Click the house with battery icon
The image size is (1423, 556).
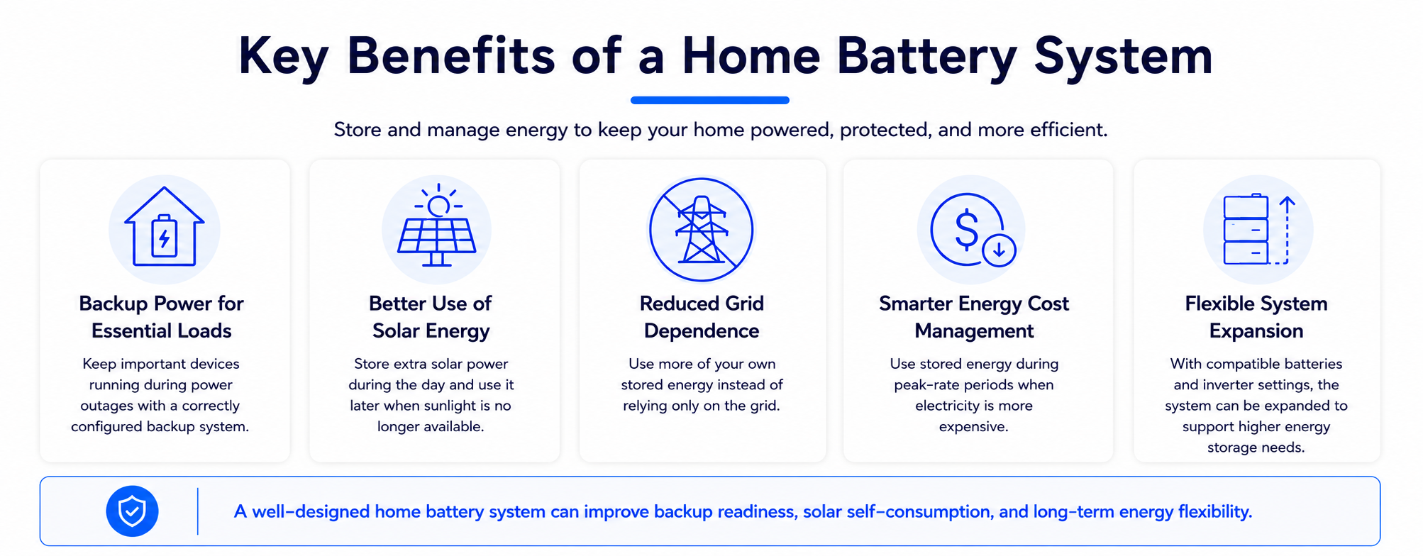[165, 227]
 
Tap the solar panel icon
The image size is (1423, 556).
[437, 226]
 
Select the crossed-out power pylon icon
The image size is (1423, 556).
[702, 230]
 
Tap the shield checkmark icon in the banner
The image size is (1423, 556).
[132, 511]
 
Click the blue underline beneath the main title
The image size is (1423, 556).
[710, 100]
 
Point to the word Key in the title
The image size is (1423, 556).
[283, 57]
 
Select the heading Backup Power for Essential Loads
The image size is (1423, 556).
[162, 317]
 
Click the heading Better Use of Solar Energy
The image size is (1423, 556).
[431, 317]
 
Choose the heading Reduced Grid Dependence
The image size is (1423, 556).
[702, 317]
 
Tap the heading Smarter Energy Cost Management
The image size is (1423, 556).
[974, 317]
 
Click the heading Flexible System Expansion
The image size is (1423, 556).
[1256, 317]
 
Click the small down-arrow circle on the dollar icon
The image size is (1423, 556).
[999, 250]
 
